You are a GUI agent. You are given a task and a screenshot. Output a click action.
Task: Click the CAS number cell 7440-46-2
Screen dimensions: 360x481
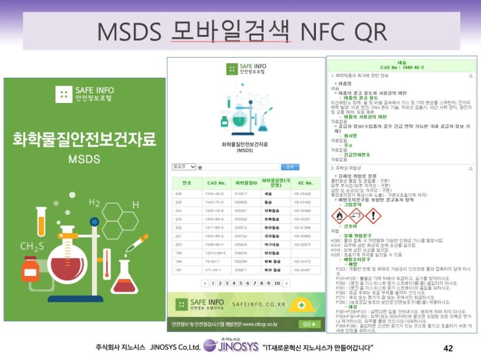[214, 193]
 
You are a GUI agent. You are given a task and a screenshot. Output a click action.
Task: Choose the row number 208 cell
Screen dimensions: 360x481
[186, 193]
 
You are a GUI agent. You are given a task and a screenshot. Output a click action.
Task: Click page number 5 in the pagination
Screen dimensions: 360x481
[240, 284]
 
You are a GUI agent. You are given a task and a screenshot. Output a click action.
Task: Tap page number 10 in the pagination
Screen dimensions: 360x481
[277, 284]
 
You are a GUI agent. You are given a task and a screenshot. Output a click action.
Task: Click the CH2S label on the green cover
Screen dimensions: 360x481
[31, 247]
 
